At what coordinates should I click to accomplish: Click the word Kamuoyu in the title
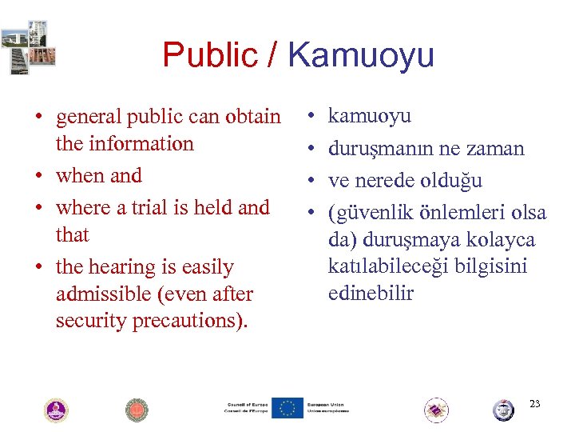click(361, 55)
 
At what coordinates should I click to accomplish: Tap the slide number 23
click(535, 404)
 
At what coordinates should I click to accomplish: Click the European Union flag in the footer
click(287, 408)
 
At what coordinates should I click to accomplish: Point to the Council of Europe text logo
click(246, 408)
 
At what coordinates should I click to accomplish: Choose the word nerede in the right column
click(392, 180)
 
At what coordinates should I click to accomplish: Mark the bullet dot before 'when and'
click(38, 177)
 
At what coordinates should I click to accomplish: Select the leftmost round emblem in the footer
click(56, 410)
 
